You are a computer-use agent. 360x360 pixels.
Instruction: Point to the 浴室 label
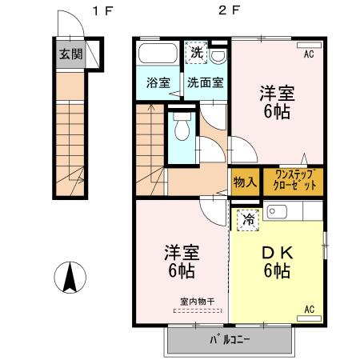pos(158,82)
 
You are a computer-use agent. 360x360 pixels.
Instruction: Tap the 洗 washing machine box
pos(196,54)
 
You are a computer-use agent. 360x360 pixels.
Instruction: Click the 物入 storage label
pos(245,182)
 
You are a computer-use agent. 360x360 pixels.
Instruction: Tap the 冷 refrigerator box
pos(248,216)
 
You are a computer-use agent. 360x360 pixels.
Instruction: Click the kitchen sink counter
pos(293,214)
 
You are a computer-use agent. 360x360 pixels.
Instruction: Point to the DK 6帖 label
pos(276,262)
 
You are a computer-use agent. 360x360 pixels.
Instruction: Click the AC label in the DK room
pos(308,307)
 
